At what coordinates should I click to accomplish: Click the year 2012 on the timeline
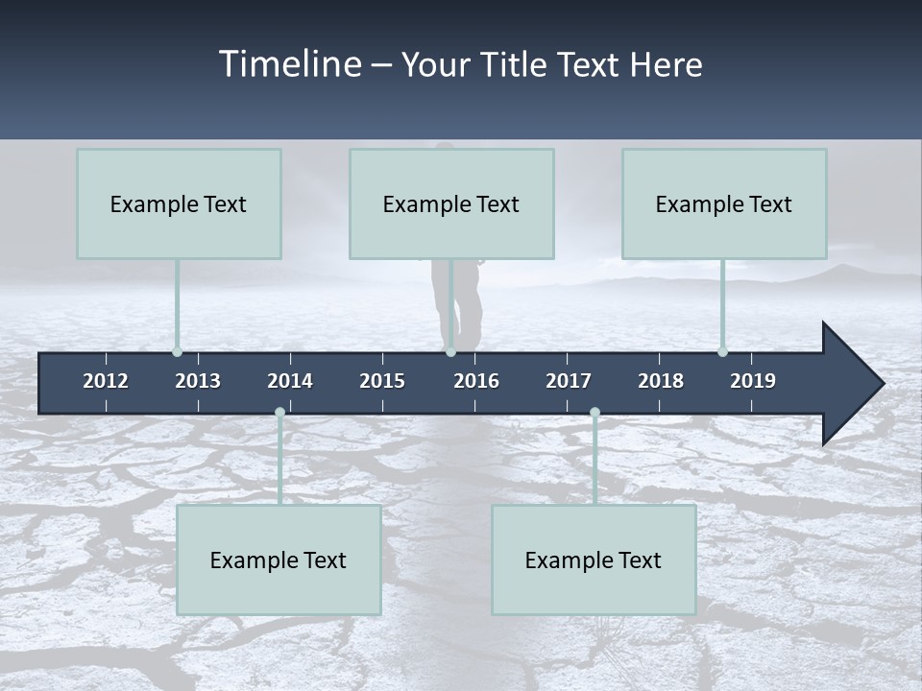(x=106, y=381)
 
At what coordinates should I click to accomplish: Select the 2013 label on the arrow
(x=198, y=381)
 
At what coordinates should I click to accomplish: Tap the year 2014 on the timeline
(x=290, y=381)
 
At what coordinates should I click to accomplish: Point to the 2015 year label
(x=382, y=381)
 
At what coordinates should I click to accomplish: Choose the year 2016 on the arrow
(x=476, y=381)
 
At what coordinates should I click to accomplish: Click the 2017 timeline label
(x=569, y=381)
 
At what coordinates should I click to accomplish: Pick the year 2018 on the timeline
(x=661, y=381)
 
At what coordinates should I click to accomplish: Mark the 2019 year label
(x=753, y=381)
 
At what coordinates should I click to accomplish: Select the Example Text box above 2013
(x=179, y=203)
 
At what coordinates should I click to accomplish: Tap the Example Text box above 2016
(x=451, y=203)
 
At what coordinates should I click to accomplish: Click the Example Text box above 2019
(x=724, y=203)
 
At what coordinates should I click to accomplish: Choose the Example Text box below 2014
(x=279, y=560)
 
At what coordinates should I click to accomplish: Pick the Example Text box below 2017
(x=594, y=560)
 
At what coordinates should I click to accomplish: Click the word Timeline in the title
(x=290, y=64)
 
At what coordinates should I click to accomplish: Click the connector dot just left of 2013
(x=177, y=351)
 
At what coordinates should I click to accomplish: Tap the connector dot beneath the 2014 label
(x=279, y=413)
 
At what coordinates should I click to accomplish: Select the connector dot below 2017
(x=594, y=413)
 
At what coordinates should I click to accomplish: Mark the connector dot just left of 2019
(x=722, y=351)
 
